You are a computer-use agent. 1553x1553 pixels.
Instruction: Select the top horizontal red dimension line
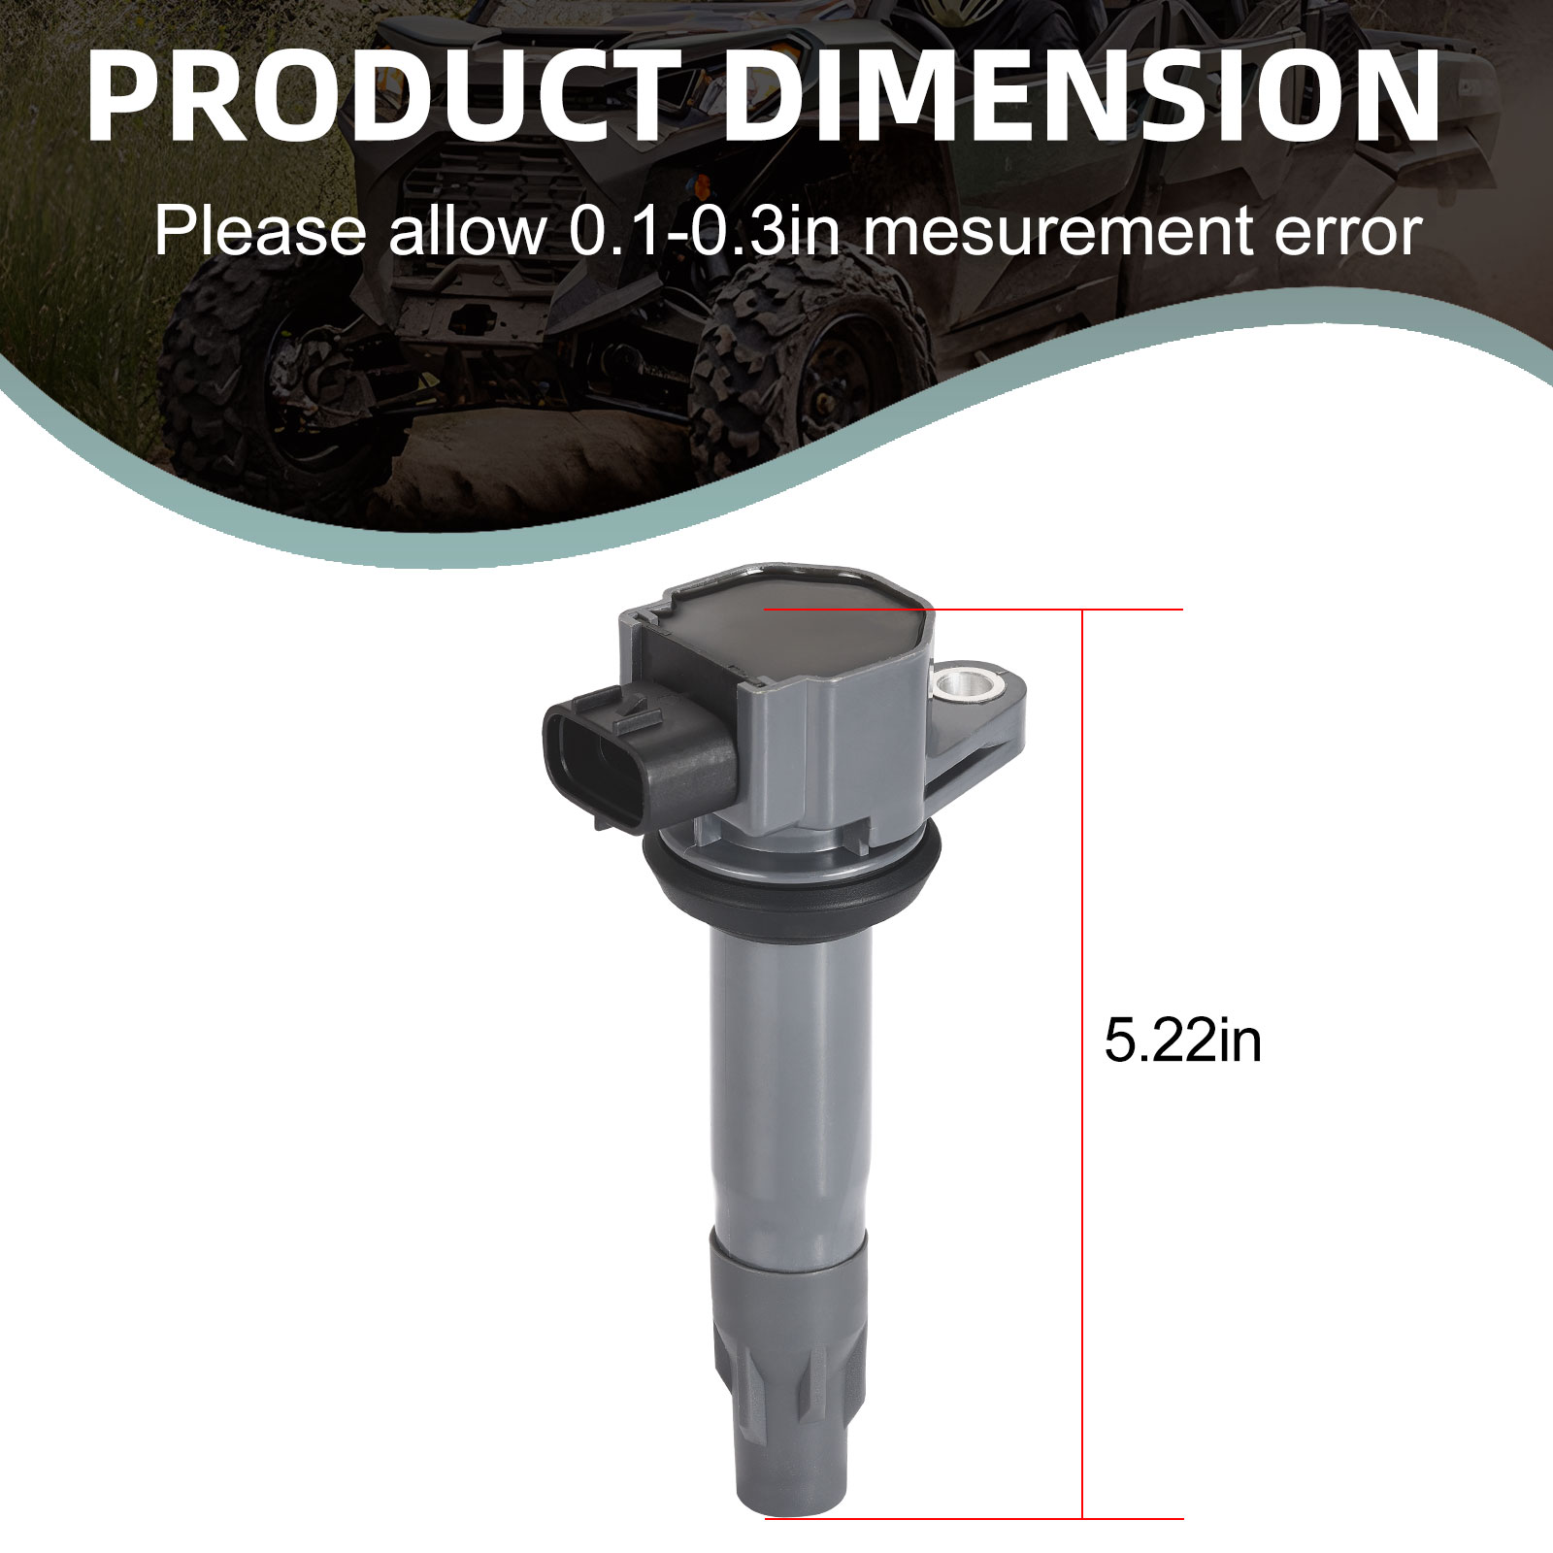point(974,610)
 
